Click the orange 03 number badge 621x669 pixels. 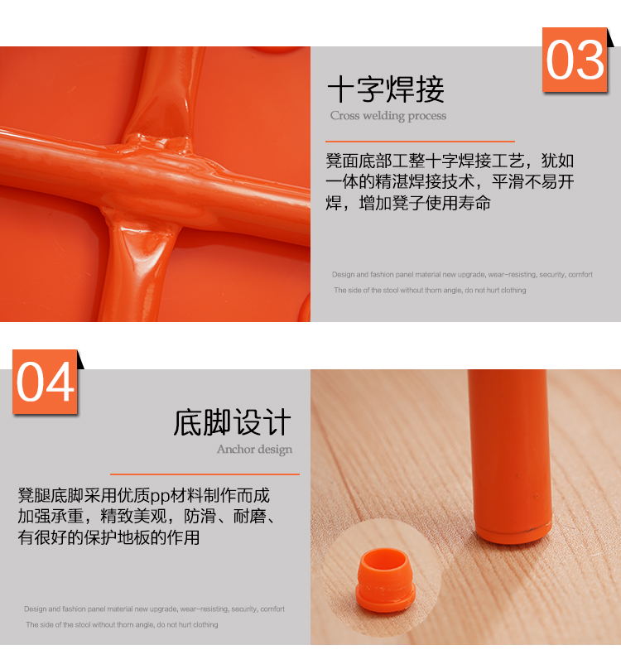tap(575, 60)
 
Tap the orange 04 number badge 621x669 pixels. tap(45, 382)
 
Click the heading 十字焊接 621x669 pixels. tap(386, 89)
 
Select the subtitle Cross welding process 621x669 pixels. tap(388, 116)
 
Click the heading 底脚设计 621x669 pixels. tap(232, 422)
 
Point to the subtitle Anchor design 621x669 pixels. tap(254, 450)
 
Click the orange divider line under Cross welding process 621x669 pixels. tap(420, 141)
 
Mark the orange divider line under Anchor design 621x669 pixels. tap(205, 474)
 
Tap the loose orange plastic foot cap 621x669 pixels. tap(385, 580)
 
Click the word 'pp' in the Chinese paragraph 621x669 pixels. tap(161, 497)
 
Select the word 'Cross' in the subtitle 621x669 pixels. tap(344, 116)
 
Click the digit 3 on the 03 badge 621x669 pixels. tap(590, 60)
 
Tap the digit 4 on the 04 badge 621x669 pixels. tap(60, 382)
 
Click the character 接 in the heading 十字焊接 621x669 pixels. tap(430, 89)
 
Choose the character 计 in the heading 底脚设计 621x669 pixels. tap(277, 422)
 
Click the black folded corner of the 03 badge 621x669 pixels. tap(610, 37)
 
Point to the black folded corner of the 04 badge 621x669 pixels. tap(80, 359)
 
